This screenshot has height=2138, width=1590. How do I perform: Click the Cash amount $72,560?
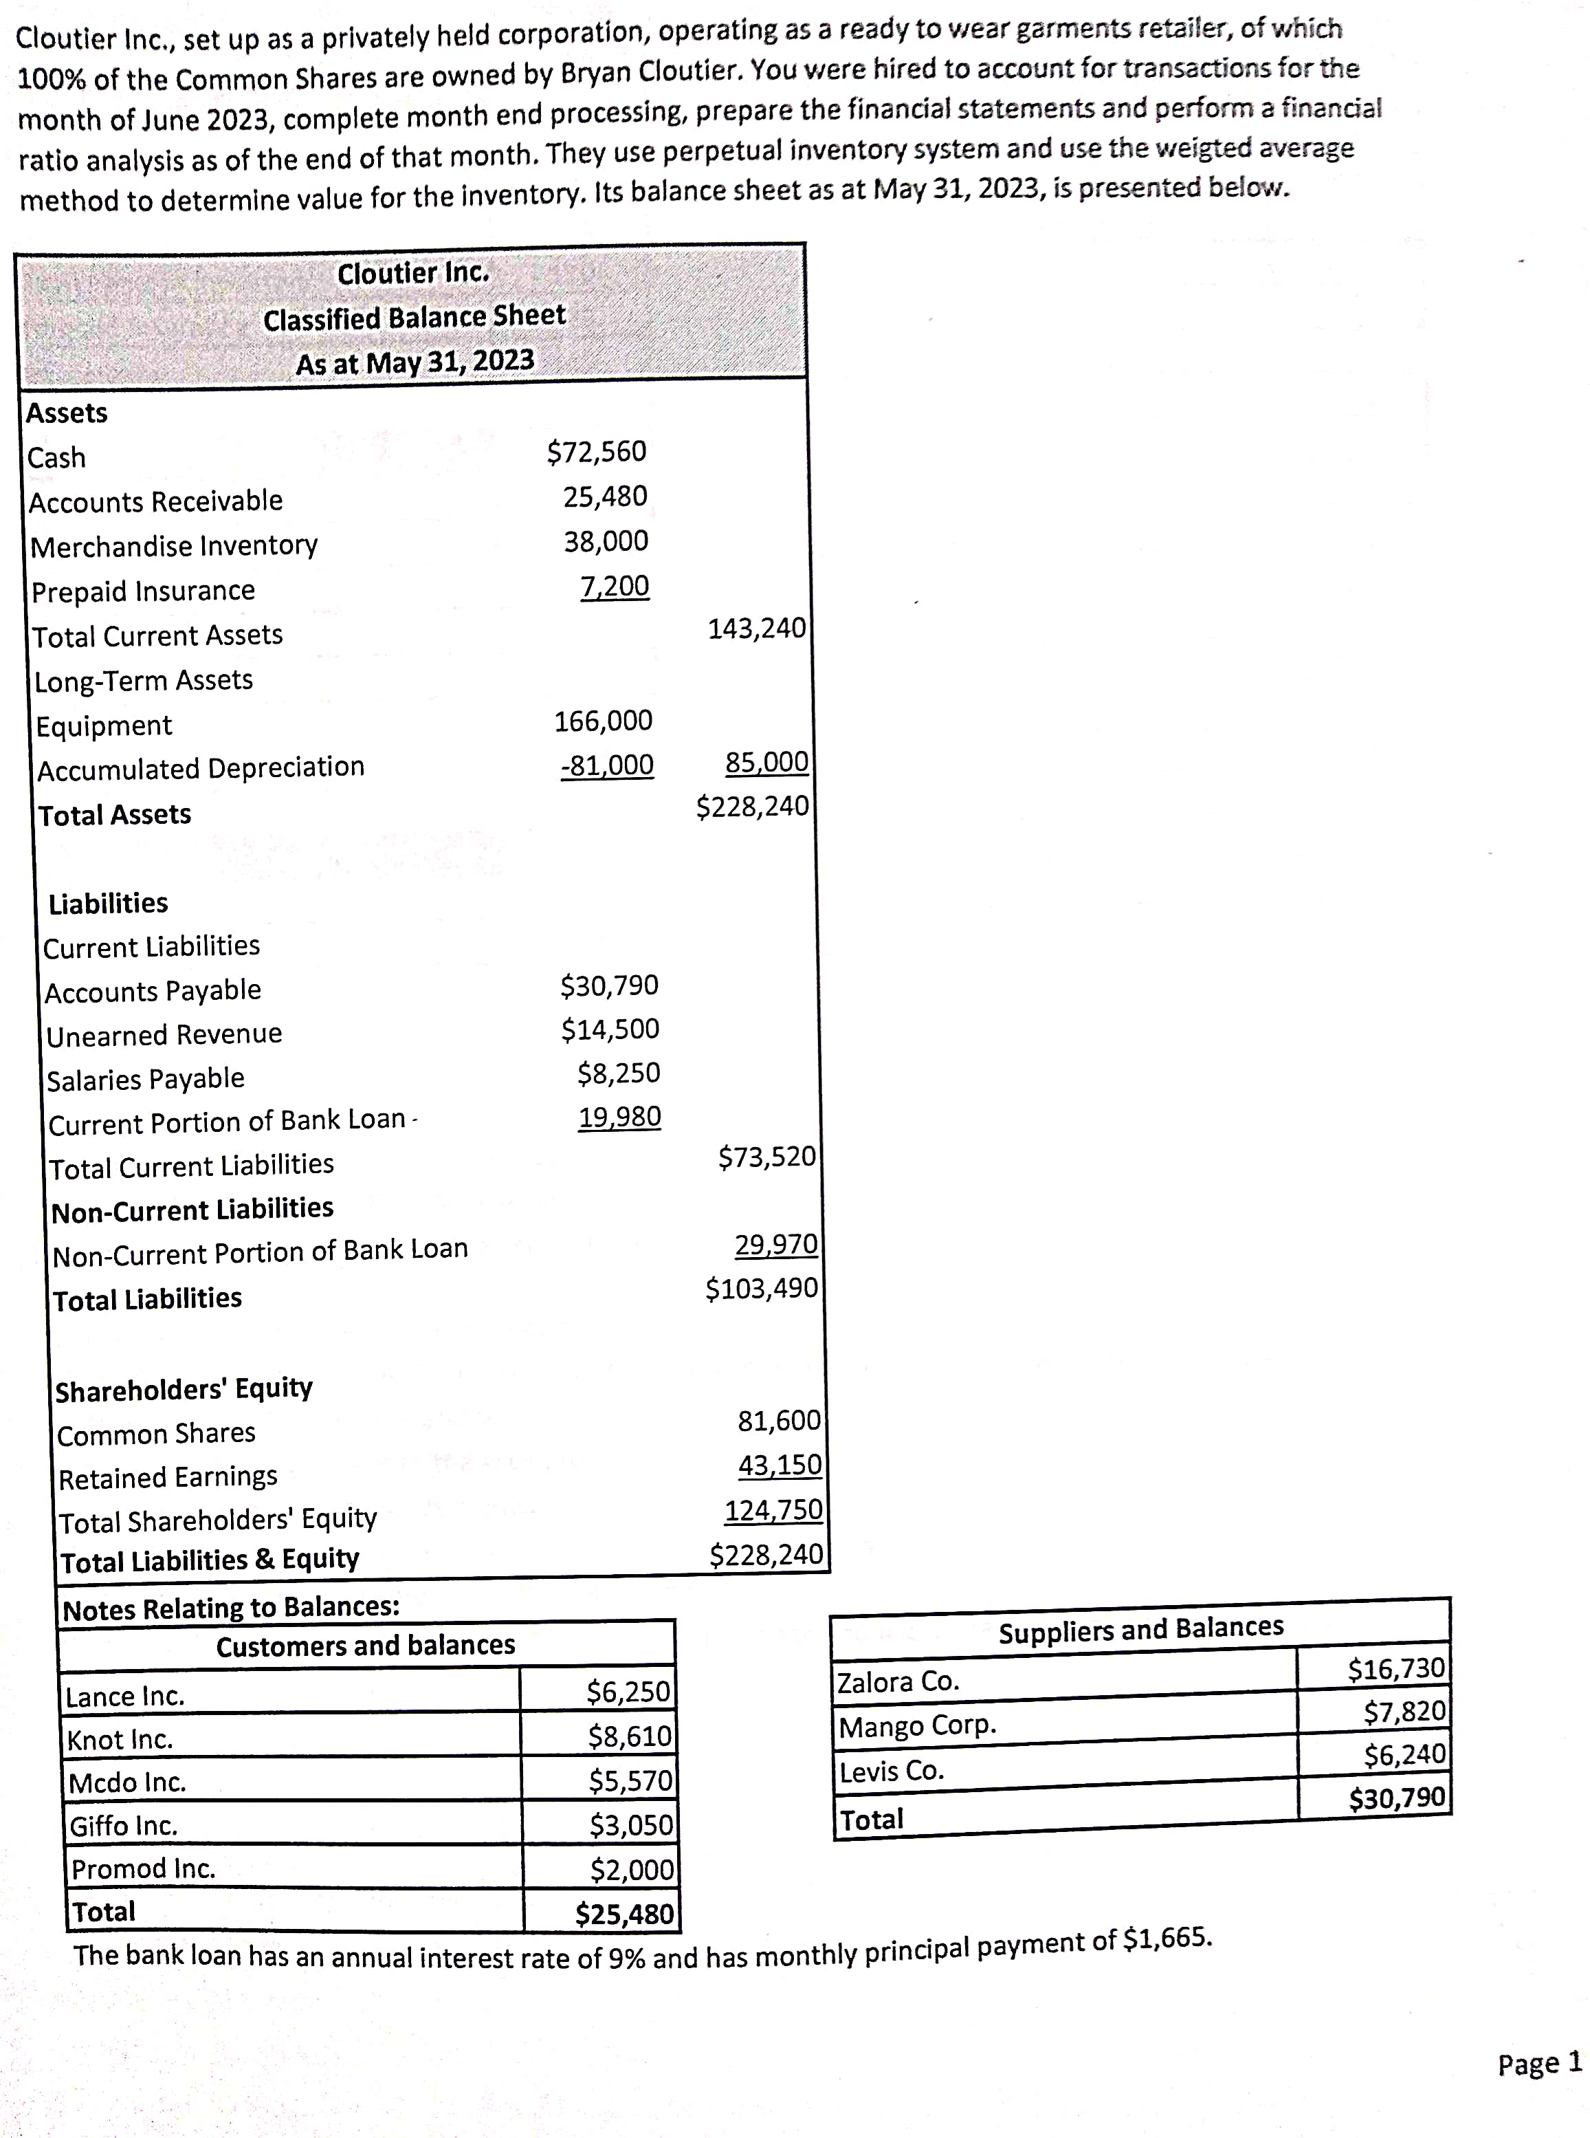[x=597, y=452]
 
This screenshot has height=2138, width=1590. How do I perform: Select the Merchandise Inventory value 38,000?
[x=606, y=541]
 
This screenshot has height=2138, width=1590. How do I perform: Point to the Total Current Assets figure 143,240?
[x=756, y=629]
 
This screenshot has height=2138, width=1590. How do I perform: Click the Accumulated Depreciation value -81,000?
[x=606, y=765]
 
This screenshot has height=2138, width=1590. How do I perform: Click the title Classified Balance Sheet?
[x=414, y=318]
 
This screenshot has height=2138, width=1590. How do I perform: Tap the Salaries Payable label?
[x=145, y=1079]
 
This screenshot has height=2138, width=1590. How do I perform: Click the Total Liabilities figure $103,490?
[x=761, y=1288]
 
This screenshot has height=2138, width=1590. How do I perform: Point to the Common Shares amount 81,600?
[x=779, y=1421]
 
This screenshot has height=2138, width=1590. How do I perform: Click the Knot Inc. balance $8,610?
[x=630, y=1736]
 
